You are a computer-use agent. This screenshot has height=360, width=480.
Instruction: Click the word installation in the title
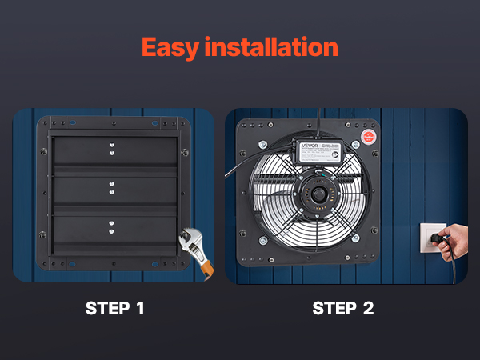(x=272, y=46)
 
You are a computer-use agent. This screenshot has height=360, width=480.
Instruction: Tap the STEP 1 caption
(x=115, y=308)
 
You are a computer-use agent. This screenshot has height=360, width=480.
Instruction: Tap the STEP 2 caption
(x=342, y=308)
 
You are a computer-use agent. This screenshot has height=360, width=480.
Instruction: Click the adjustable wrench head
(x=188, y=239)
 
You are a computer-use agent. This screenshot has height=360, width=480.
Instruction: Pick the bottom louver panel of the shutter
(x=112, y=230)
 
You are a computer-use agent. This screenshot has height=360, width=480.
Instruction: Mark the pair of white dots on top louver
(x=112, y=149)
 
